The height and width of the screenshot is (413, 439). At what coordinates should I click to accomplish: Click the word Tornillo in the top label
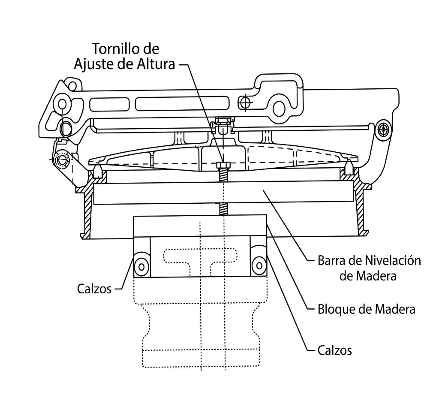(x=117, y=49)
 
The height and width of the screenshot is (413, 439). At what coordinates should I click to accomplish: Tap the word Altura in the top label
(x=156, y=64)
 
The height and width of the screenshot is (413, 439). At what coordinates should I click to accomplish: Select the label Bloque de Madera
(x=367, y=309)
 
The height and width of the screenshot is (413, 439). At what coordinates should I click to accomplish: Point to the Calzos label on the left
(x=94, y=289)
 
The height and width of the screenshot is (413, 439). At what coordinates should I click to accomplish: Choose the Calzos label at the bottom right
(x=334, y=350)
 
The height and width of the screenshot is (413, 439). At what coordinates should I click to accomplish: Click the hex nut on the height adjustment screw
(x=223, y=165)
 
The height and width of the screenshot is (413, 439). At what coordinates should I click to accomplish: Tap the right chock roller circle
(x=259, y=265)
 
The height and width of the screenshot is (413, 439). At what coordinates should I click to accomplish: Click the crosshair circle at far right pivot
(x=383, y=130)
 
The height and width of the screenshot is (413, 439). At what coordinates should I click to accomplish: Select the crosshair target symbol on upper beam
(x=245, y=102)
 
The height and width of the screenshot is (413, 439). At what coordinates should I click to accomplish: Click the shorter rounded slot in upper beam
(x=109, y=105)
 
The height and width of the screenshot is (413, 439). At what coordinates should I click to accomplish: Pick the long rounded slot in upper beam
(x=182, y=104)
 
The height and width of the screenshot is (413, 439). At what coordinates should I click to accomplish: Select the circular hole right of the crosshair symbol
(x=279, y=109)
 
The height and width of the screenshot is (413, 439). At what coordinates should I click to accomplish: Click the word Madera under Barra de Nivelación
(x=368, y=276)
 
